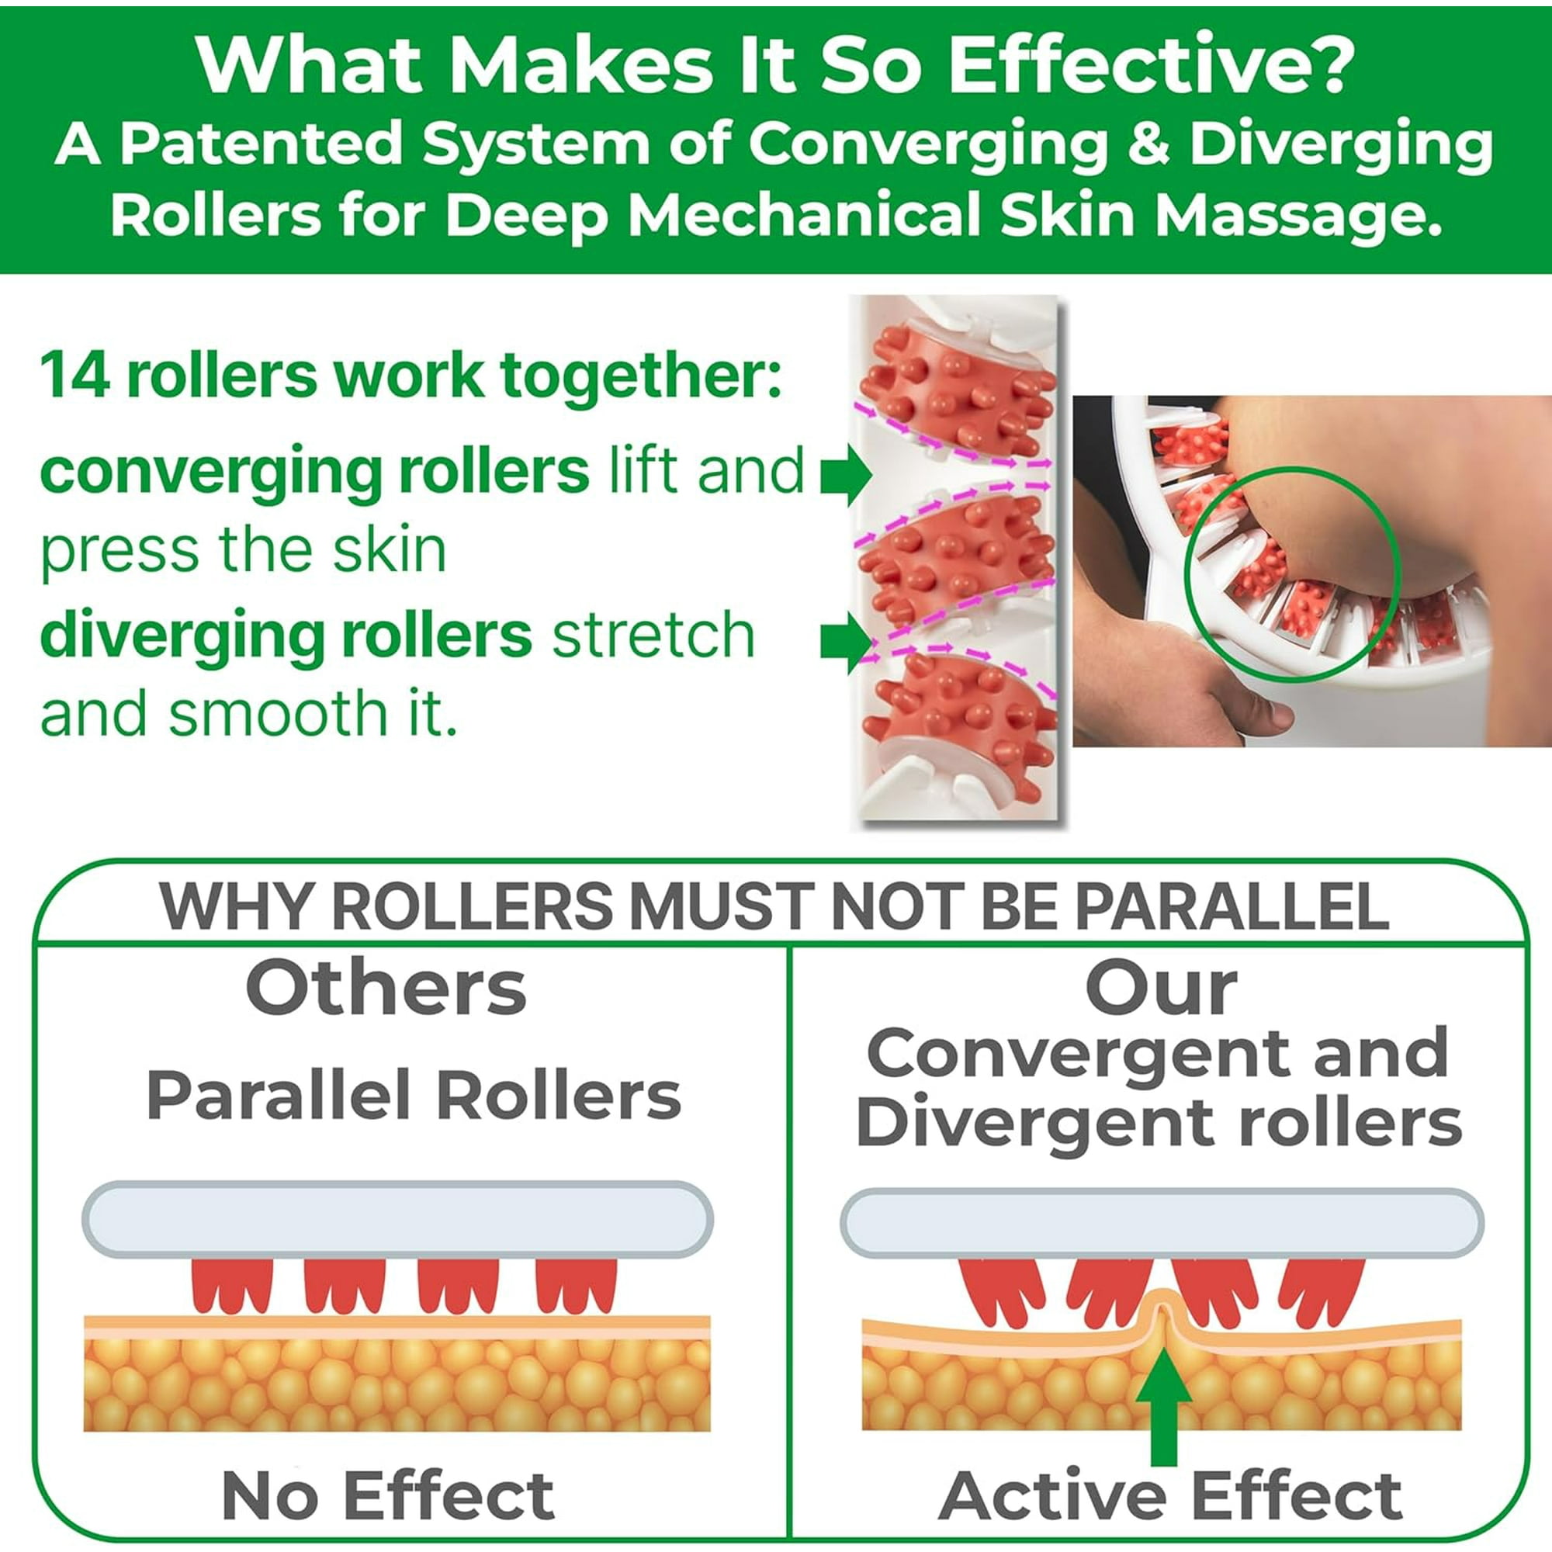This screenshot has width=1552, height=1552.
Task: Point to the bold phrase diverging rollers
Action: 285,635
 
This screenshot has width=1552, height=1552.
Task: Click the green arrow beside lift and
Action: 846,475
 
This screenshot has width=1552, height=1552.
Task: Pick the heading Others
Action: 386,988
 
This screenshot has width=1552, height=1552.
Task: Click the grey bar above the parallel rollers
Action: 397,1218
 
